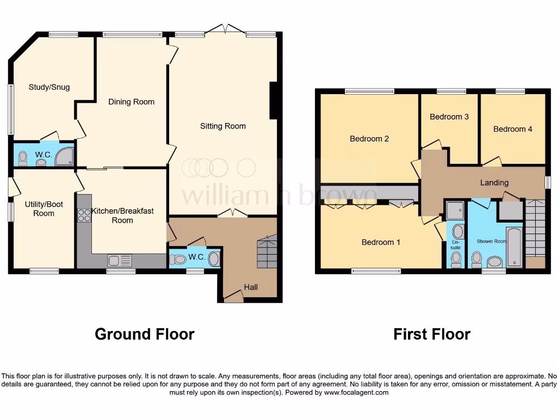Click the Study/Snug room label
[49, 87]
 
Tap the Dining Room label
[131, 102]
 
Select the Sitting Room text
[223, 126]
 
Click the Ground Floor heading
[144, 334]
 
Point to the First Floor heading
[432, 334]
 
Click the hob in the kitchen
[84, 216]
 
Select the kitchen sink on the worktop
[119, 261]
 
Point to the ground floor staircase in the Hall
[267, 251]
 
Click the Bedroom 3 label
[449, 117]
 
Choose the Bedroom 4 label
[513, 129]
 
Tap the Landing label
[494, 183]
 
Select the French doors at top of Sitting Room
[225, 29]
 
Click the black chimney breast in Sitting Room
[274, 100]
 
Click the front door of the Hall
[234, 297]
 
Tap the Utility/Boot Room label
[44, 209]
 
